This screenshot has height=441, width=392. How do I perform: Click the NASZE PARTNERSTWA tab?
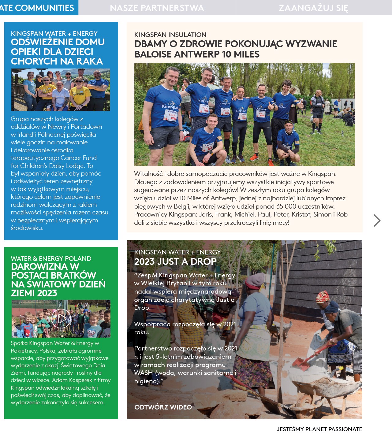[157, 8]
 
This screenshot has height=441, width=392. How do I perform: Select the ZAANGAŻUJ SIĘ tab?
[313, 8]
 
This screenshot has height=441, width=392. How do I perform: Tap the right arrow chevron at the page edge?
[377, 220]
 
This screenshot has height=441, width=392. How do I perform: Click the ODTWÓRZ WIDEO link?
[163, 407]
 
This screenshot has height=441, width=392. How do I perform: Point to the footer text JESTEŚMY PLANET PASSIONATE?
[319, 429]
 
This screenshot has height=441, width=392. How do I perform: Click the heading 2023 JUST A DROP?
[175, 262]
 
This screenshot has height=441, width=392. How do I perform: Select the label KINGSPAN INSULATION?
[170, 35]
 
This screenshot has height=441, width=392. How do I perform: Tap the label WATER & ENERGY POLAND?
[51, 258]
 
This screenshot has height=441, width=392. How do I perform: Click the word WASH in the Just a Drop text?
[143, 373]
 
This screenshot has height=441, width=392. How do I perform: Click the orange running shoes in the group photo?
[254, 158]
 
